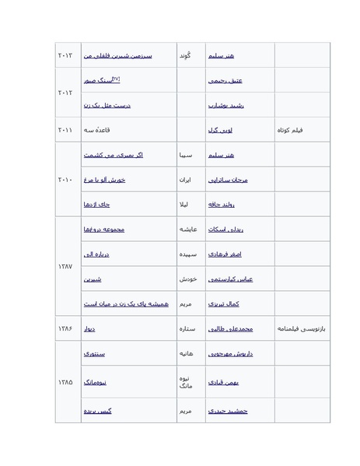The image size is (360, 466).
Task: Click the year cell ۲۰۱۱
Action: pyautogui.click(x=66, y=130)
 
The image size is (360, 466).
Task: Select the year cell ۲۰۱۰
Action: pyautogui.click(x=66, y=180)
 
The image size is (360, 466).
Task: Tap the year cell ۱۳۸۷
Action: pyautogui.click(x=66, y=267)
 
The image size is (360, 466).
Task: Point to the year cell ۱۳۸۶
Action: pyautogui.click(x=66, y=329)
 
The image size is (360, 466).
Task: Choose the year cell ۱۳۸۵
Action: pyautogui.click(x=66, y=382)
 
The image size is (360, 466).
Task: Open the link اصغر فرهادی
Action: pyautogui.click(x=225, y=254)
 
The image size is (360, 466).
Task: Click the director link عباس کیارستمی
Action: pyautogui.click(x=225, y=279)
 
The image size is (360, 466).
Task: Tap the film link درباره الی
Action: pyautogui.click(x=96, y=254)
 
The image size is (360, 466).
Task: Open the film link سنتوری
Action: pyautogui.click(x=94, y=354)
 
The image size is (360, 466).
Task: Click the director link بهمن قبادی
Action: pyautogui.click(x=224, y=382)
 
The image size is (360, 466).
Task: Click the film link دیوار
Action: pyautogui.click(x=89, y=329)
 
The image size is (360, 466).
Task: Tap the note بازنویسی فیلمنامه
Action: pyautogui.click(x=302, y=329)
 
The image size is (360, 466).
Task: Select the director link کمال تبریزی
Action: pyautogui.click(x=224, y=304)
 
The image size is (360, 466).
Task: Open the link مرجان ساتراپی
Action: pyautogui.click(x=227, y=180)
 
